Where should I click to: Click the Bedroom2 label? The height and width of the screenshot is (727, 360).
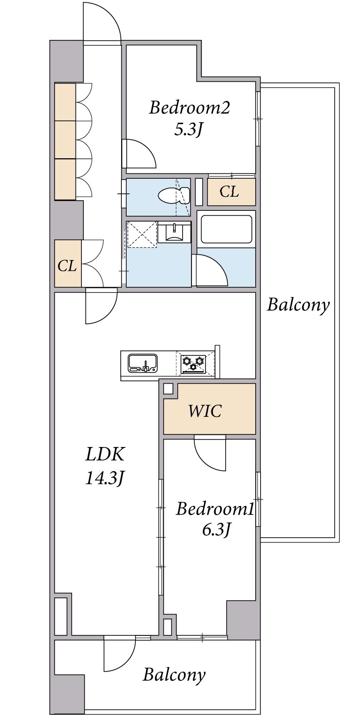tap(189, 108)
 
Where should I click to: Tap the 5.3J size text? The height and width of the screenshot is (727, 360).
tap(189, 130)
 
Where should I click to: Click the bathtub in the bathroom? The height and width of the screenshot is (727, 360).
tap(227, 229)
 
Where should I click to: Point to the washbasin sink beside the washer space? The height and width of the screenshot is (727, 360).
tap(174, 232)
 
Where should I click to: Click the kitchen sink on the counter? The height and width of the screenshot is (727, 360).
tap(143, 363)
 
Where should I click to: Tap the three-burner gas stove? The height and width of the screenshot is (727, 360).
tap(193, 363)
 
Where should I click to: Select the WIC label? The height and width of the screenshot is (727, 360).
tap(205, 411)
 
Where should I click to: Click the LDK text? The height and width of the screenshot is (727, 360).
tap(105, 454)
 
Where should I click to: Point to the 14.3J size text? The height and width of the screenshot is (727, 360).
tap(105, 478)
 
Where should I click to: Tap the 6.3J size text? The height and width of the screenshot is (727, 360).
tap(216, 530)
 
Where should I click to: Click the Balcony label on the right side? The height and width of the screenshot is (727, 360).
tap(298, 305)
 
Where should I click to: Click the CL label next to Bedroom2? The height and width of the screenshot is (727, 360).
tap(229, 192)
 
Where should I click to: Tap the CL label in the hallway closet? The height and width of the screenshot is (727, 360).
tap(67, 266)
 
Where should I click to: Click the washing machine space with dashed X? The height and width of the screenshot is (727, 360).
tap(142, 234)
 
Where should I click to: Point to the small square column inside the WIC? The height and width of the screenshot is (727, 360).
tap(168, 389)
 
